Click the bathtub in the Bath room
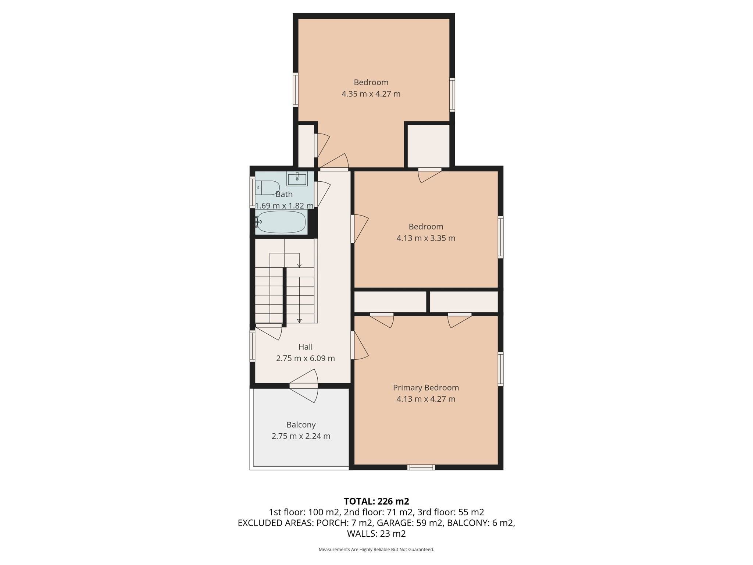pos(281,222)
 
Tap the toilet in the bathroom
pos(267,188)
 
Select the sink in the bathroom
pos(297,179)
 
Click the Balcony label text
pos(301,424)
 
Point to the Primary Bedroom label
pos(426,387)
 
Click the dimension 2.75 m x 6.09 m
pos(305,358)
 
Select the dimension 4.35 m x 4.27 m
pos(371,94)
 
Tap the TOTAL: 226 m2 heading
pos(376,501)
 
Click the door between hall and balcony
pos(304,385)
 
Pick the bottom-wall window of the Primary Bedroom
pos(421,467)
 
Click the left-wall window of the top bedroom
pos(296,90)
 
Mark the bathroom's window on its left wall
pos(252,192)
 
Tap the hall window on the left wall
pos(252,346)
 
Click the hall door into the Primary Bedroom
pos(353,345)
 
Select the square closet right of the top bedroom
pos(429,146)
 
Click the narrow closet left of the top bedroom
pos(306,146)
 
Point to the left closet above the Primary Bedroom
pos(390,302)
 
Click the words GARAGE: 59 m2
pos(410,523)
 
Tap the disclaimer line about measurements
pos(376,550)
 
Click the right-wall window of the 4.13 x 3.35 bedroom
pos(500,237)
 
